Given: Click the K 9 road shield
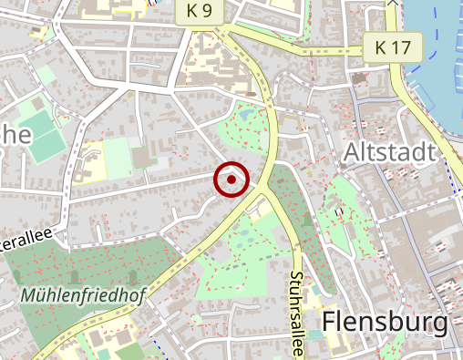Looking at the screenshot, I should coord(200,12).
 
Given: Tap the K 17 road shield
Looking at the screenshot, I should coord(392,46).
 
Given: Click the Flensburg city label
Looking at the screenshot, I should coord(386,323).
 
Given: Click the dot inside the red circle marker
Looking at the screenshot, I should coord(231,180).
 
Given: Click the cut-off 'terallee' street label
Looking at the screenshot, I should coord(27,242).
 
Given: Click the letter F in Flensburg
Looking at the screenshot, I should coord(330,323).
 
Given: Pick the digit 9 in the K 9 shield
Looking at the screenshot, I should coord(209,12).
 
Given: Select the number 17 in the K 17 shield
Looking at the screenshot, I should coord(403,46).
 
